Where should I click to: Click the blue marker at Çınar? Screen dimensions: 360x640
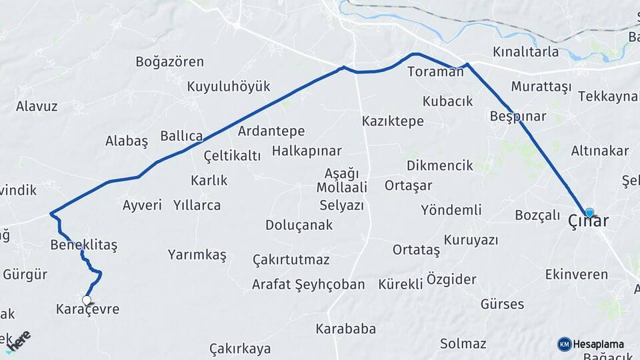tap(589, 213)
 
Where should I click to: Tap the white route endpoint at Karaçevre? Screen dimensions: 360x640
tap(86, 300)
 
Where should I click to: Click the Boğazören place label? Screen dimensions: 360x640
tap(169, 62)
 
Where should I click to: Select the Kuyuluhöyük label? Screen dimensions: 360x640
tap(229, 87)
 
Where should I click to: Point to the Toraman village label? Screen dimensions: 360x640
tap(435, 71)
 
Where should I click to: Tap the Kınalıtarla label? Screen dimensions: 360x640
tap(525, 52)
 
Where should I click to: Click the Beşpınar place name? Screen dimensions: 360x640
tap(517, 117)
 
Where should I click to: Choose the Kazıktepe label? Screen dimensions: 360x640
tap(393, 121)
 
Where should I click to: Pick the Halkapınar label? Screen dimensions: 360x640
tap(307, 151)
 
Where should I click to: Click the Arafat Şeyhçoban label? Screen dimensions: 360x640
tap(308, 285)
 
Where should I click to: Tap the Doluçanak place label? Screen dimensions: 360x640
tap(299, 225)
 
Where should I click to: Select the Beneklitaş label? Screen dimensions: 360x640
tap(84, 245)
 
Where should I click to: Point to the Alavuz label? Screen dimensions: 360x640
tap(37, 106)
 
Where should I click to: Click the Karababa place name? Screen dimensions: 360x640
tap(346, 329)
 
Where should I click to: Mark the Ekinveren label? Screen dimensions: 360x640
tap(577, 275)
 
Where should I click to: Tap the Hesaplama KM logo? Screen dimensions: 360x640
tap(591, 344)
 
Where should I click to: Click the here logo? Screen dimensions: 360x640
tap(19, 342)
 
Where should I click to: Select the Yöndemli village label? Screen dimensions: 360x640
tap(451, 210)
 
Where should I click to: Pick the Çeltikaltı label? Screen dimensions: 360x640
tap(232, 156)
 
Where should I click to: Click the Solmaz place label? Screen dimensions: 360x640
tap(463, 344)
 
